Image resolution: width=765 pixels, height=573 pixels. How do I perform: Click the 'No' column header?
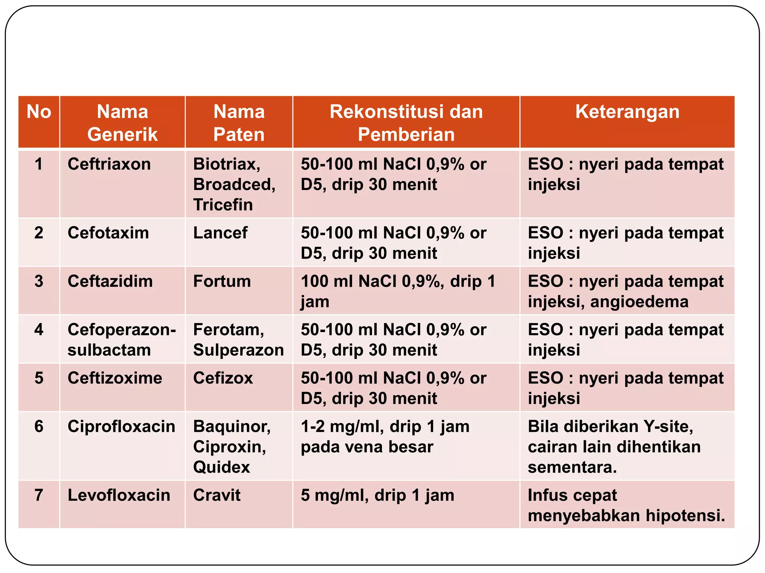[x=39, y=112]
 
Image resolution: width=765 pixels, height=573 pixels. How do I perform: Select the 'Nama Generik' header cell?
[x=123, y=123]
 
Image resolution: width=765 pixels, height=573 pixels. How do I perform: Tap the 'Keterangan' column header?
[x=627, y=112]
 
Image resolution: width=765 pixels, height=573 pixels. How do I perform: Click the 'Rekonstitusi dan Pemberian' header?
[x=406, y=123]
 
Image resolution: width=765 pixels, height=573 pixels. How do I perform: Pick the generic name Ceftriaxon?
[x=109, y=164]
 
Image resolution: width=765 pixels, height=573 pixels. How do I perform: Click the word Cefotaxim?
[x=108, y=233]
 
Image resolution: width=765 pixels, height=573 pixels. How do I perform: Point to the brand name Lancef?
[x=220, y=233]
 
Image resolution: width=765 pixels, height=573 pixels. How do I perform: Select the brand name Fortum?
[x=222, y=281]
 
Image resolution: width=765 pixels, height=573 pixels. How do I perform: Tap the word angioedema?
[x=639, y=301]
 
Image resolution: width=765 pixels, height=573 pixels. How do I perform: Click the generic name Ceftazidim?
[x=110, y=281]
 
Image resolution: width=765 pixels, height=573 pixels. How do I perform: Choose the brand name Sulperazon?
[x=238, y=350]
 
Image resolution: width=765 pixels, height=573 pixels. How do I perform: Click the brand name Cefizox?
[x=223, y=378]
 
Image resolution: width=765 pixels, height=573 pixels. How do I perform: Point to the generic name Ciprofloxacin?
[x=121, y=426]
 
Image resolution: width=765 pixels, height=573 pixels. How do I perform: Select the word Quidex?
[x=222, y=467]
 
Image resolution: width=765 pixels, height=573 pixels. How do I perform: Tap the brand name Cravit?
[x=217, y=495]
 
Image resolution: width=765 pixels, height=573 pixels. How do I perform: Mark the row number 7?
[x=39, y=495]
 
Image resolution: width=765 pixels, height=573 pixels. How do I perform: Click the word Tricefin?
[x=223, y=205]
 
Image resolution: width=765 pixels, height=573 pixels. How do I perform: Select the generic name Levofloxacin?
[x=119, y=495]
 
